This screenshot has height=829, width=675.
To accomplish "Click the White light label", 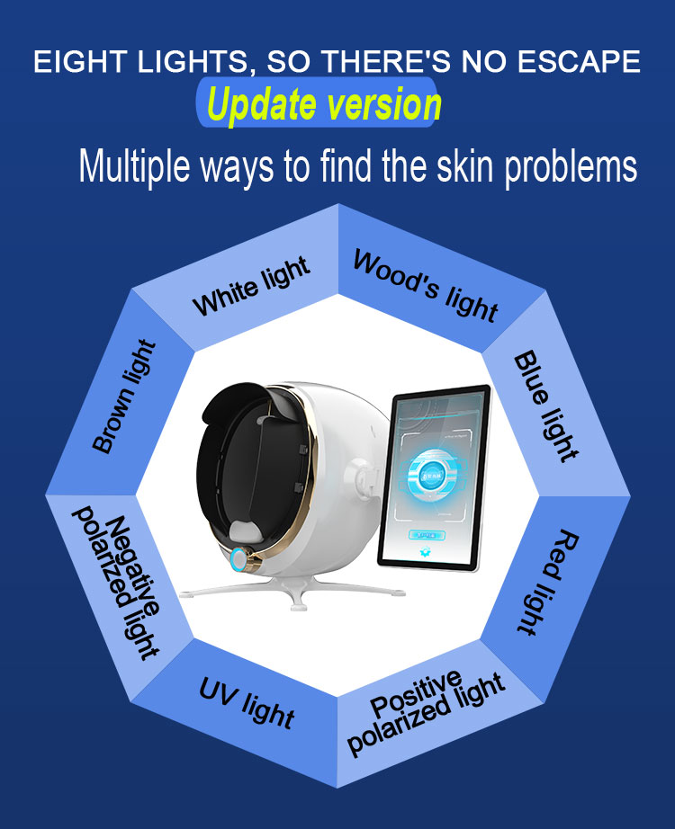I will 251,286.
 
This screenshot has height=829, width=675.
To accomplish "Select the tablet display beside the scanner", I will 435,477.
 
